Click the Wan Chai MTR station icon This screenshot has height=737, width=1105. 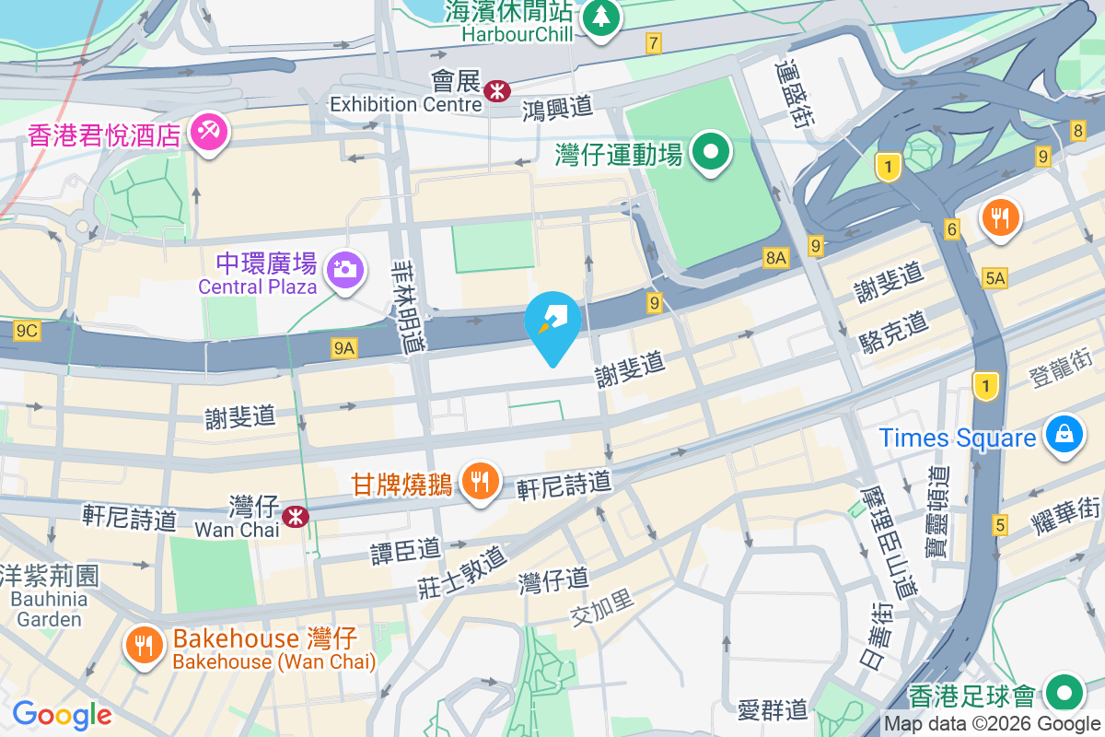point(296,517)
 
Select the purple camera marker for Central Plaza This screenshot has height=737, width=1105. point(345,269)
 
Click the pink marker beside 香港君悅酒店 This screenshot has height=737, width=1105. point(209,133)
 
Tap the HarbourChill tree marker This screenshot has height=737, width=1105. point(601,17)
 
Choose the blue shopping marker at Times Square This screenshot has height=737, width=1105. point(1064,433)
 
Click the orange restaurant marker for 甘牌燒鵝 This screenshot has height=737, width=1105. point(480,481)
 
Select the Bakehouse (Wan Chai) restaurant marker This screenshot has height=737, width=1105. point(144,644)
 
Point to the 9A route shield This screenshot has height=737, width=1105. point(344,347)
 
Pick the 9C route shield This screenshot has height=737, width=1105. point(27,329)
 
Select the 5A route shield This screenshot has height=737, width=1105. point(995,277)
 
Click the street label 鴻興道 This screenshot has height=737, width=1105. point(557,108)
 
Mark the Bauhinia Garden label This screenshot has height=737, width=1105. point(49,608)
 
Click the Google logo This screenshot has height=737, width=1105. point(62,715)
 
